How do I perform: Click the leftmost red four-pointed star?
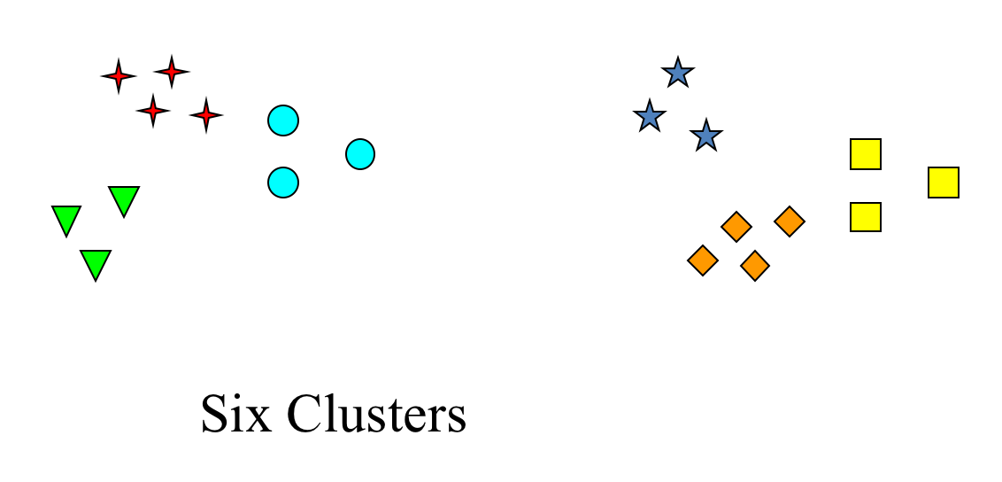point(119,76)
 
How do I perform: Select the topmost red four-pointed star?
point(171,71)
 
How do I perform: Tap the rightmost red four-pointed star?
point(206,115)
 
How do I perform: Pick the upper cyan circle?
point(283,120)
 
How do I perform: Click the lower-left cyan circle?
point(283,183)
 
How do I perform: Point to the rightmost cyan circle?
point(360,154)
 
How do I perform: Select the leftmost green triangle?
point(66,219)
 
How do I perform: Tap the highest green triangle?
point(124,199)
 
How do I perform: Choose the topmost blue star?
point(678,73)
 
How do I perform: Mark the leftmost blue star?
point(650,116)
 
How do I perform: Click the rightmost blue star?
point(705,136)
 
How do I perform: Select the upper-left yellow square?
point(866,154)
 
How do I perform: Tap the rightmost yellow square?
point(944,183)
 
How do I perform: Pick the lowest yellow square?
point(866,217)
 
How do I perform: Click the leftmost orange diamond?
point(703,260)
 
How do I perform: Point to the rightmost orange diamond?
point(790,222)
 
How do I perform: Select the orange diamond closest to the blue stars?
point(736,227)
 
